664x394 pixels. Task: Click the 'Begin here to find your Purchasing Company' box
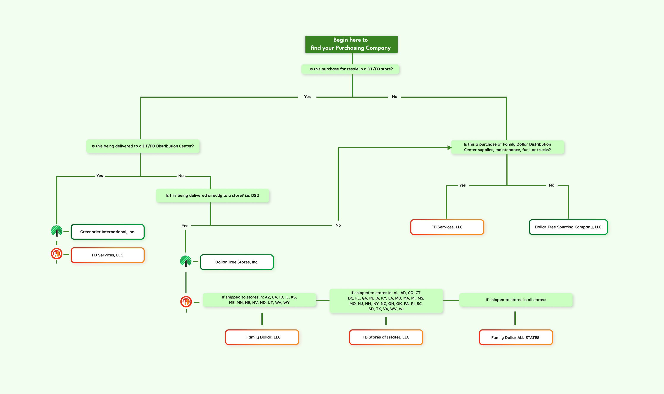click(x=351, y=44)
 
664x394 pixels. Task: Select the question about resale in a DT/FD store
click(x=350, y=69)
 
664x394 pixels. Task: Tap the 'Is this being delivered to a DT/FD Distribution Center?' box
click(x=143, y=146)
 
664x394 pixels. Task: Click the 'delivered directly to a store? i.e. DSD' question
click(x=212, y=195)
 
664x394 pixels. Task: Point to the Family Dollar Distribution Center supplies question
click(x=507, y=147)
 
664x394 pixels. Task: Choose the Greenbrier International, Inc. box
click(x=108, y=232)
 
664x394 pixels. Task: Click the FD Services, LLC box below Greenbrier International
click(x=108, y=255)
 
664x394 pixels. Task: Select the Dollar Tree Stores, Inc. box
click(x=237, y=262)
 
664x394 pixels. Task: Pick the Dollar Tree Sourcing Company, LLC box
click(x=568, y=227)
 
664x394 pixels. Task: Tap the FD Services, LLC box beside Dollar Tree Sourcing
click(x=447, y=227)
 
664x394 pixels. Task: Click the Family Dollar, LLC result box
click(x=262, y=337)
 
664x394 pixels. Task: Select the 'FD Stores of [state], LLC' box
click(x=386, y=337)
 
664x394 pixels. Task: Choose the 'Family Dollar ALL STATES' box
click(x=516, y=337)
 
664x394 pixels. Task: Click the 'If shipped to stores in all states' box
click(x=516, y=300)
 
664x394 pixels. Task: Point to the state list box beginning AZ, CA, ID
click(x=259, y=300)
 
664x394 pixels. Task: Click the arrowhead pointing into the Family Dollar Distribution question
click(x=449, y=148)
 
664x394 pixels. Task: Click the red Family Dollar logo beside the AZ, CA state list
click(x=186, y=302)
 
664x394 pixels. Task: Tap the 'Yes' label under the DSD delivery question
click(x=185, y=226)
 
